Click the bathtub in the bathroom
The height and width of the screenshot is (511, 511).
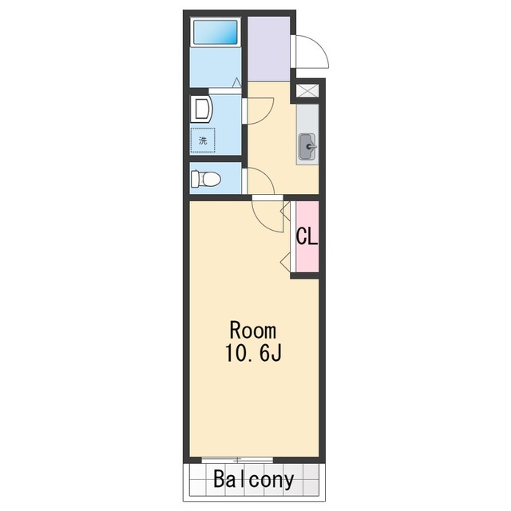tap(216, 32)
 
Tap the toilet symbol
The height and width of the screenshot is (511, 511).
tap(206, 179)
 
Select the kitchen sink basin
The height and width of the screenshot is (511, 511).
tap(307, 147)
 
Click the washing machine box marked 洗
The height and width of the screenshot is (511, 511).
tap(203, 141)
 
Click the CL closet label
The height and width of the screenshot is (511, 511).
tap(307, 236)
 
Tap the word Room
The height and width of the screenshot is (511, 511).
tap(253, 331)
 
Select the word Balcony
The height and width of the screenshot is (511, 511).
tap(254, 479)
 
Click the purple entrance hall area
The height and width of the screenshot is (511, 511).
tap(269, 48)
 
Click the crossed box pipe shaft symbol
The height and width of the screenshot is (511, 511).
tap(307, 90)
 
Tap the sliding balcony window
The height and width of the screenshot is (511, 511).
tap(237, 460)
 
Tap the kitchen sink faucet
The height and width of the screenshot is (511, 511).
tap(311, 147)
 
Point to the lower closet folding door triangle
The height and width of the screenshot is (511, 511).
tap(286, 261)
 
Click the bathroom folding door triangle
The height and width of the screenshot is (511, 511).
tap(237, 83)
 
